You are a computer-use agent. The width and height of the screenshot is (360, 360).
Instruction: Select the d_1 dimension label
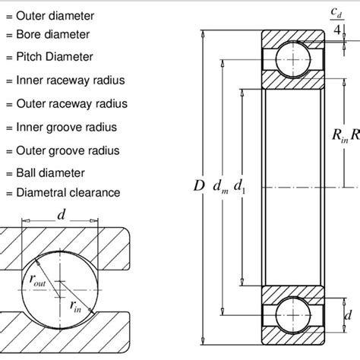[241, 185]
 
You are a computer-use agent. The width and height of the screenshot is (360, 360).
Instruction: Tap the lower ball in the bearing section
[289, 313]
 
